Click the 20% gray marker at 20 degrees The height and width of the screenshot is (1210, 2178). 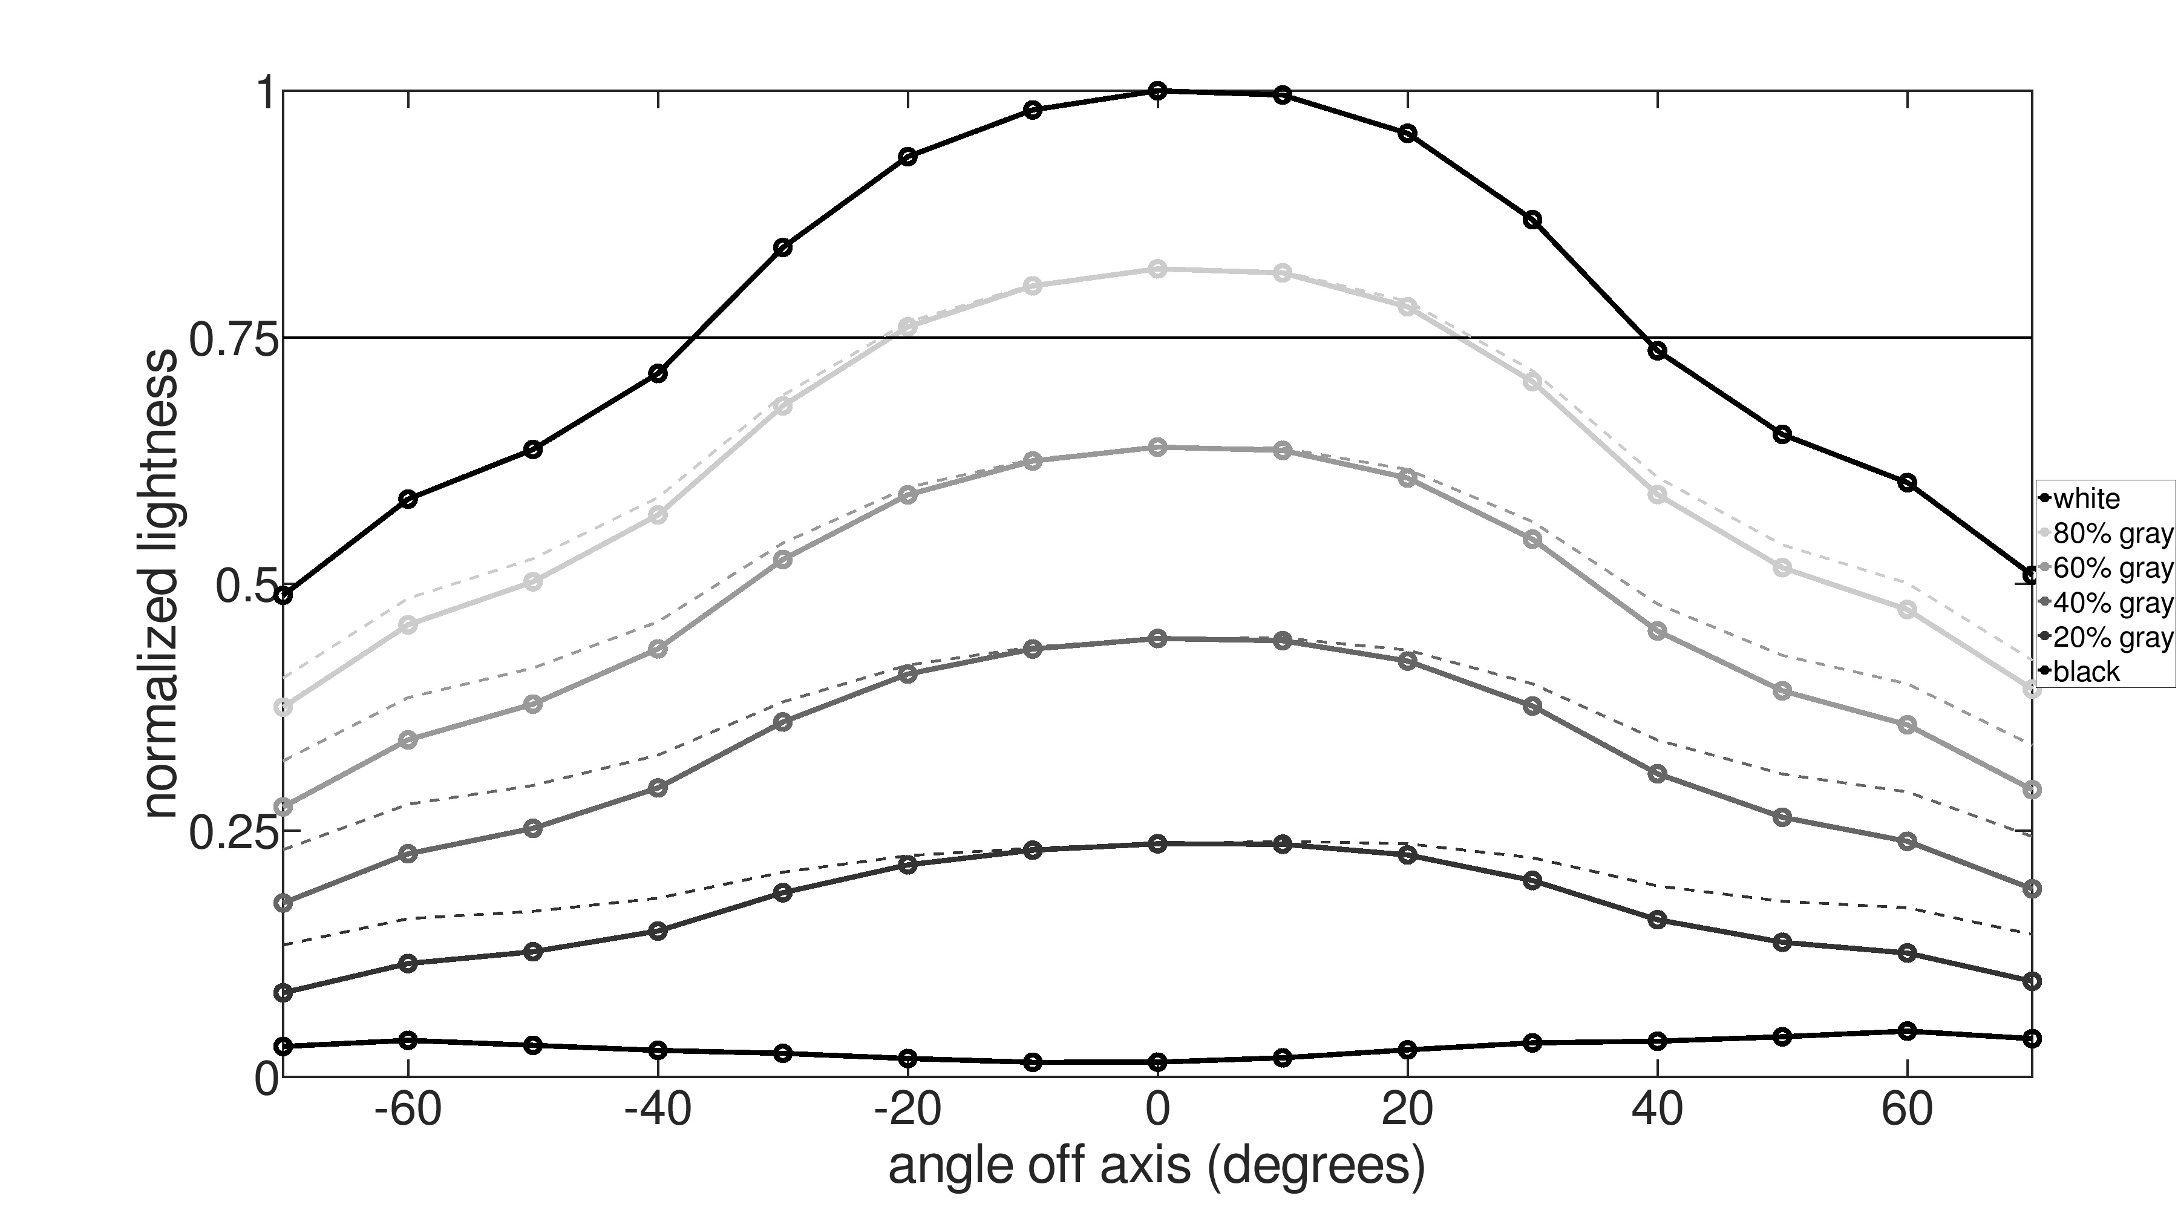click(1407, 855)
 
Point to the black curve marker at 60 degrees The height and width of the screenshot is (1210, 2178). click(1906, 1031)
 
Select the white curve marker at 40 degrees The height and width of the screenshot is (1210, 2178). click(1657, 351)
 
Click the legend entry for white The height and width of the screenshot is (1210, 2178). click(2085, 499)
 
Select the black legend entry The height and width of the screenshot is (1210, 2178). click(2085, 672)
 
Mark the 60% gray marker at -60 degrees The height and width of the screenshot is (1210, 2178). click(408, 740)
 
